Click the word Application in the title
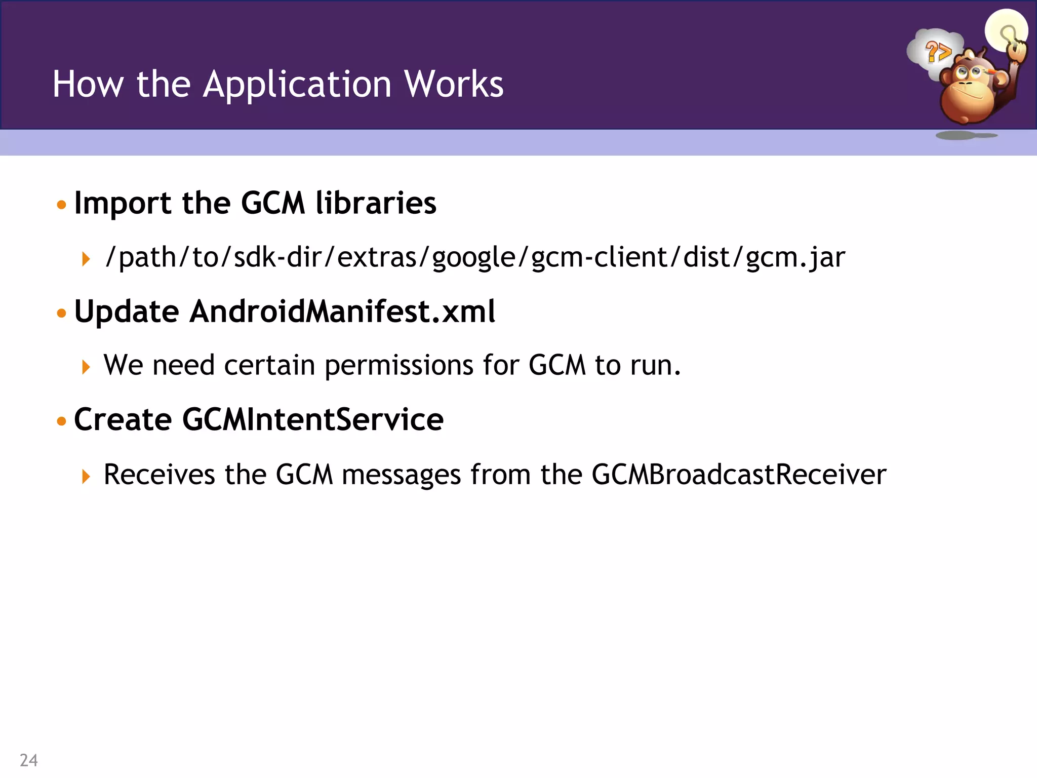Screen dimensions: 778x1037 297,84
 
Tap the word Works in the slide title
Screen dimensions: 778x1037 453,84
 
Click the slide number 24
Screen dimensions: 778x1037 29,760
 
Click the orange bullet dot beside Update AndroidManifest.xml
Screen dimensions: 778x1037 62,313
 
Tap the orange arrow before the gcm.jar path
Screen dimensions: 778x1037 86,259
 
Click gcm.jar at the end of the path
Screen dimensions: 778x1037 795,257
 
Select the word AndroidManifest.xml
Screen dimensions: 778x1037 342,311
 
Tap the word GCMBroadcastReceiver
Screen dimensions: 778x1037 739,475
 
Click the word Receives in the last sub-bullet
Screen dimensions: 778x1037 159,475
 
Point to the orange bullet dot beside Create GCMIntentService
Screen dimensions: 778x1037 62,421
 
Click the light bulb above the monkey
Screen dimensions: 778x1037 1006,30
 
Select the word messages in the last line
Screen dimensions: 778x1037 401,475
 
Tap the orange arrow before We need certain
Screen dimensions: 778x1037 86,367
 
